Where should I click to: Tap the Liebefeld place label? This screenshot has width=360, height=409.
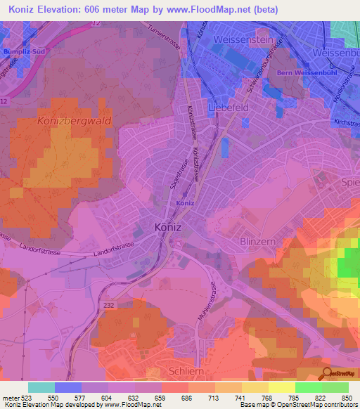click(229, 108)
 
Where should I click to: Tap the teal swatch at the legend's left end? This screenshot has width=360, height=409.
click(41, 387)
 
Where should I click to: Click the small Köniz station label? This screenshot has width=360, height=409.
click(185, 203)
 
